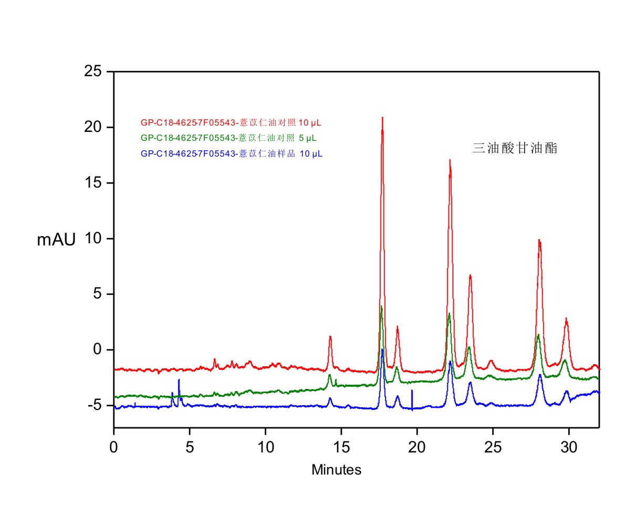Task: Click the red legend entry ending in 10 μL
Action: (x=231, y=123)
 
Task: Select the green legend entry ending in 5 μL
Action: (x=228, y=138)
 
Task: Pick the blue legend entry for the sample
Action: (x=231, y=154)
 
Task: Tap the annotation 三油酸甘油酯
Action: (x=515, y=148)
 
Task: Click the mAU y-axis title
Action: (x=56, y=240)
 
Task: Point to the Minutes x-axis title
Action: (x=337, y=470)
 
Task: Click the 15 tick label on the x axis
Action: (x=341, y=448)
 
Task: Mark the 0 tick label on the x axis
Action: (x=114, y=448)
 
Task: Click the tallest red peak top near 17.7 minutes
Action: (x=382, y=118)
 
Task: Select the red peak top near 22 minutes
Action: (x=450, y=160)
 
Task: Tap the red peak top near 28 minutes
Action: (x=539, y=240)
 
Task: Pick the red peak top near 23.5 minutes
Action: (x=470, y=275)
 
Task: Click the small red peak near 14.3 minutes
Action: (x=330, y=337)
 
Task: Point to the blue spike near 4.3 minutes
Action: (x=179, y=380)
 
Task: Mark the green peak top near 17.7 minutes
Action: (x=381, y=307)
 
